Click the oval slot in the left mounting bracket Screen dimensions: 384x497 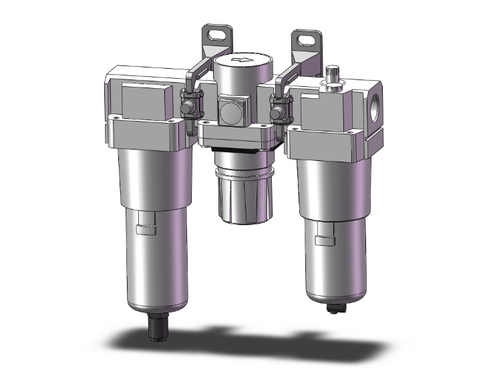point(217,33)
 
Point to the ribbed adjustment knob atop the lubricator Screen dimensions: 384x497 point(333,72)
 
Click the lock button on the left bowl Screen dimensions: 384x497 point(144,230)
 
